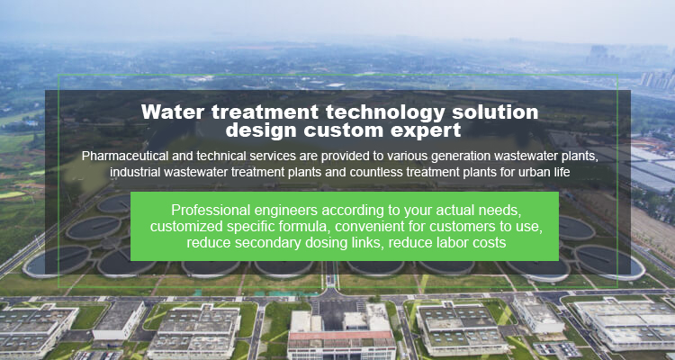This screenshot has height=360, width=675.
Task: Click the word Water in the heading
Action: pos(173,112)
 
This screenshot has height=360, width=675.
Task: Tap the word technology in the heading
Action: pos(385,112)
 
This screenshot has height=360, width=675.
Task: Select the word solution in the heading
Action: pos(495,112)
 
